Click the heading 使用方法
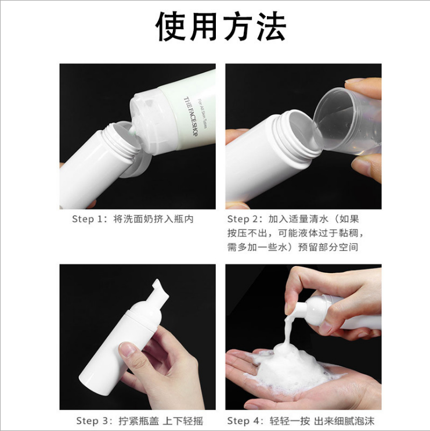pos(221,27)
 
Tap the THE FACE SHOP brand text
pos(190,116)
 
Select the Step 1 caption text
pos(133,219)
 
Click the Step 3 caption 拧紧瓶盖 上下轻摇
pos(161,421)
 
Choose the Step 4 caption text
pos(301,421)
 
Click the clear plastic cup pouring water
pos(347,120)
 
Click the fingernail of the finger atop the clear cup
pos(354,81)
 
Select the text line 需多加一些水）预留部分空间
pos(292,247)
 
